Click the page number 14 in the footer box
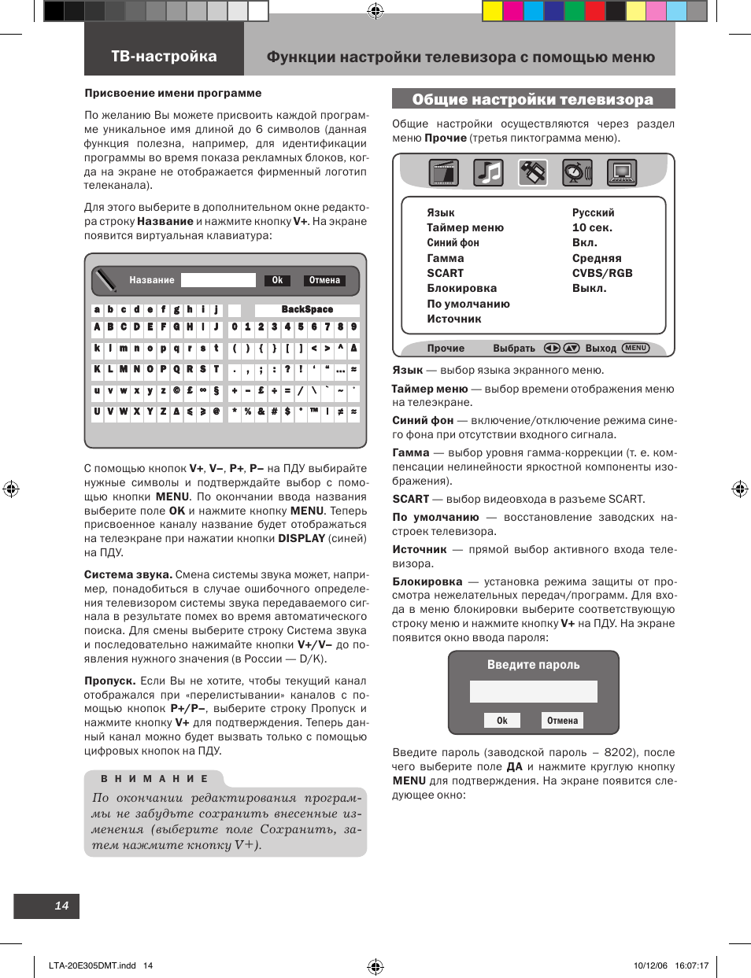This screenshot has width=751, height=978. coord(61,906)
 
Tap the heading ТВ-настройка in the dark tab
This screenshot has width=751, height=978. coord(164,57)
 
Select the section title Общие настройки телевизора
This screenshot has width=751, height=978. coord(533,99)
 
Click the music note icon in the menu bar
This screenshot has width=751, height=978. coord(488,172)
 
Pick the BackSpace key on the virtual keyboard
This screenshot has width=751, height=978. coord(307,310)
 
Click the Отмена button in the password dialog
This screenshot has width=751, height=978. coord(562,721)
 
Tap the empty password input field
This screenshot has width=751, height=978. coord(533,692)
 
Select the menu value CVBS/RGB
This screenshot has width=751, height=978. coord(602,273)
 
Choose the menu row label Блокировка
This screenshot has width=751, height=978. coord(461,288)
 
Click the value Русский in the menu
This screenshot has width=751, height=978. coord(593,212)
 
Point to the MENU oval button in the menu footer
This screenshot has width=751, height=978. coord(635,348)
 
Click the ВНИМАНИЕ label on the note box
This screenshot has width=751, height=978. coord(154,779)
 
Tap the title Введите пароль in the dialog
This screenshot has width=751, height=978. coord(533,665)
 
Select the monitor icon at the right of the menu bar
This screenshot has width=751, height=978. coord(621,172)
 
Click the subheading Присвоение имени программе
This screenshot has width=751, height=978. coord(173,93)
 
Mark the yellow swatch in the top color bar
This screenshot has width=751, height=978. coord(492,10)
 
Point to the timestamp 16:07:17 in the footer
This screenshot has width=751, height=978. coord(693,965)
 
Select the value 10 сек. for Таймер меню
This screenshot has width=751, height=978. coord(592,227)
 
